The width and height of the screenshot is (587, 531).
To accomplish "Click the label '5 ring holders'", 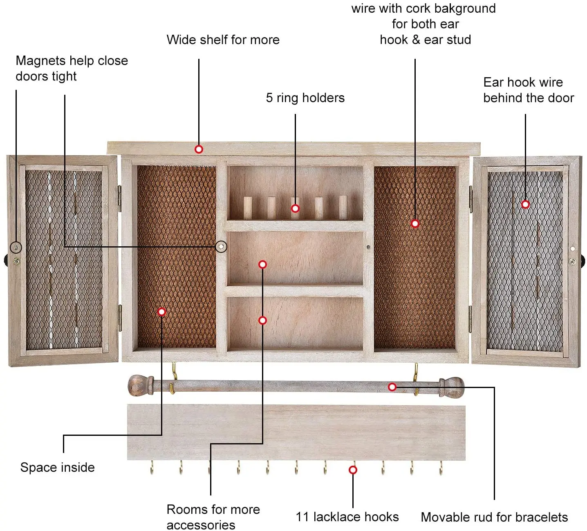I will click(305, 98).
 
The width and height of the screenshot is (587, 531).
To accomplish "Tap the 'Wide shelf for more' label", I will click(223, 40).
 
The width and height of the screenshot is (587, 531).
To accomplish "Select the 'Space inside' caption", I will click(57, 467).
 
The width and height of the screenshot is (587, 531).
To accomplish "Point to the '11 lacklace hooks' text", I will click(347, 517).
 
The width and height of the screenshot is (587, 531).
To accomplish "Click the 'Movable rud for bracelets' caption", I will click(494, 517).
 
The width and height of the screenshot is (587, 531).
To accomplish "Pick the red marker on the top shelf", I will click(199, 149).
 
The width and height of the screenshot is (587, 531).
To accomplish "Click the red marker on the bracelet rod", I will click(392, 386).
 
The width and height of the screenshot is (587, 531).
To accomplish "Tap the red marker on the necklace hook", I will click(353, 470).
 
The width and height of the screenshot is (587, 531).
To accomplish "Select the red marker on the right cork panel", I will click(415, 223).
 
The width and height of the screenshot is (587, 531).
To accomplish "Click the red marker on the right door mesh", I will click(525, 204).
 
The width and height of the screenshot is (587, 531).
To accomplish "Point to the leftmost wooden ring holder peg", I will click(248, 207).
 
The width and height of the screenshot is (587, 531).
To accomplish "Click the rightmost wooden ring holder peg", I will click(343, 206).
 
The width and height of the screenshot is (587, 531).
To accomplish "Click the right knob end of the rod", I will click(453, 386).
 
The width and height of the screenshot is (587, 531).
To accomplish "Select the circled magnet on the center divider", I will click(221, 247).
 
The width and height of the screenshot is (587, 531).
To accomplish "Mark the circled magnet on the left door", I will click(16, 247).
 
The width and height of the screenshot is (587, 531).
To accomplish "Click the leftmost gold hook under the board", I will click(152, 468).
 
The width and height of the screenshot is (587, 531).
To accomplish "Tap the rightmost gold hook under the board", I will click(441, 468).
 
